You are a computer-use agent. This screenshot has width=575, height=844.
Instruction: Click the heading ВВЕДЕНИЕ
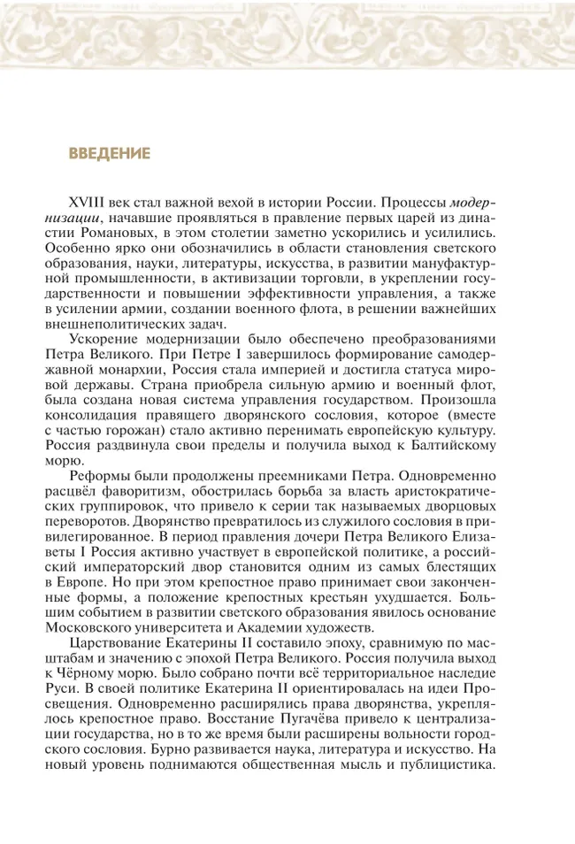point(110,154)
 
